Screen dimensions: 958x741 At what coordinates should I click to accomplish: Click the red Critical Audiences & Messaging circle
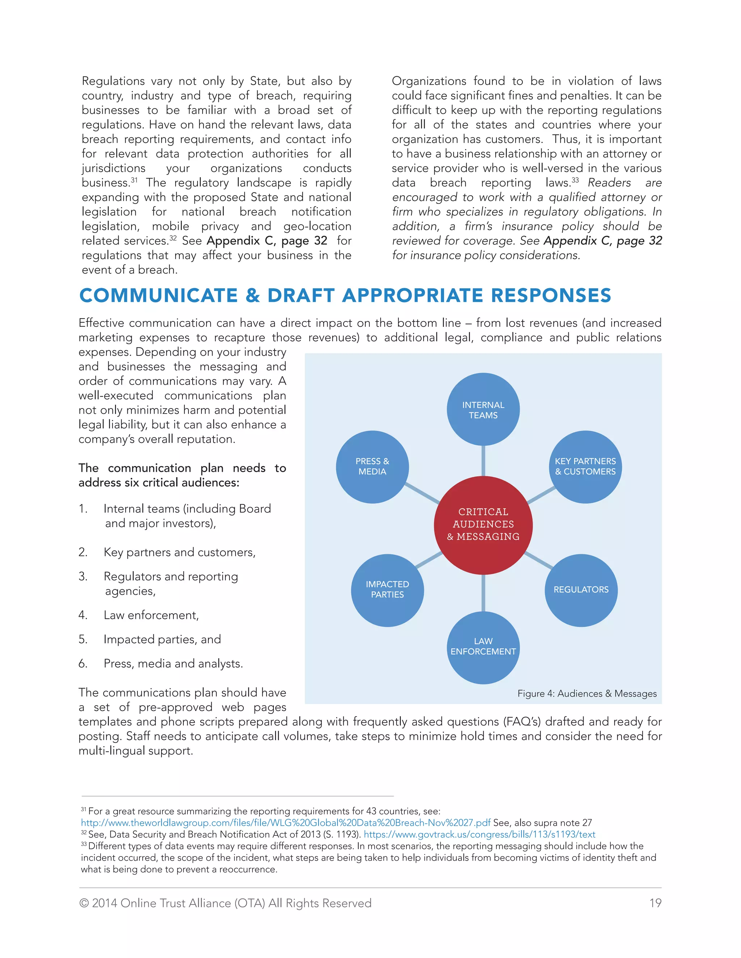coord(483,525)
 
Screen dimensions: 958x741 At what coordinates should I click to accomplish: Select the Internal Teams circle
coord(483,409)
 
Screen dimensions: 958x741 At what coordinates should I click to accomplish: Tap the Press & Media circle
coord(372,466)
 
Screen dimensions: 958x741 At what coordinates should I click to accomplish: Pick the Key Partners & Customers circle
coord(585,466)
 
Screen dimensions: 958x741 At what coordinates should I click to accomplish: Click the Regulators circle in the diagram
coord(581,590)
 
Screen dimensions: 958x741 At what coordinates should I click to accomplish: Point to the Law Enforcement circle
coord(483,647)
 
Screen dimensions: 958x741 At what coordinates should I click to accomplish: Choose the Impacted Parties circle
coord(387,590)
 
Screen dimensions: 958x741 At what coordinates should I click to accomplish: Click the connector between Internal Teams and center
coord(483,461)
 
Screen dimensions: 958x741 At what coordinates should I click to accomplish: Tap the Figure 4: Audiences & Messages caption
coord(587,693)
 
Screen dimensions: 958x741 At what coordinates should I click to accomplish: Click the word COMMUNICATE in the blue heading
coord(158,296)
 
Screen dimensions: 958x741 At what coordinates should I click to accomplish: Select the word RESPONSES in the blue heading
coord(551,296)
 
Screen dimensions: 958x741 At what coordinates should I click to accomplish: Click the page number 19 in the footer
coord(655,903)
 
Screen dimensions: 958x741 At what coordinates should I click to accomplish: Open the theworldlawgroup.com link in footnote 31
coord(285,823)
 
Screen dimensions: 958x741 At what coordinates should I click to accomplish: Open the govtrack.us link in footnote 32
coord(479,834)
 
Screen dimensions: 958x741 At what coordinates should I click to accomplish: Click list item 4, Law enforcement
coord(151,615)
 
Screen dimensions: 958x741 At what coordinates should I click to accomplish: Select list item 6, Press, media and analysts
coord(173,664)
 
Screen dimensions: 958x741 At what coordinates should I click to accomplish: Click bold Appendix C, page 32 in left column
coord(267,241)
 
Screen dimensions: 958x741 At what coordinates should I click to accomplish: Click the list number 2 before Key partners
coord(82,552)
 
